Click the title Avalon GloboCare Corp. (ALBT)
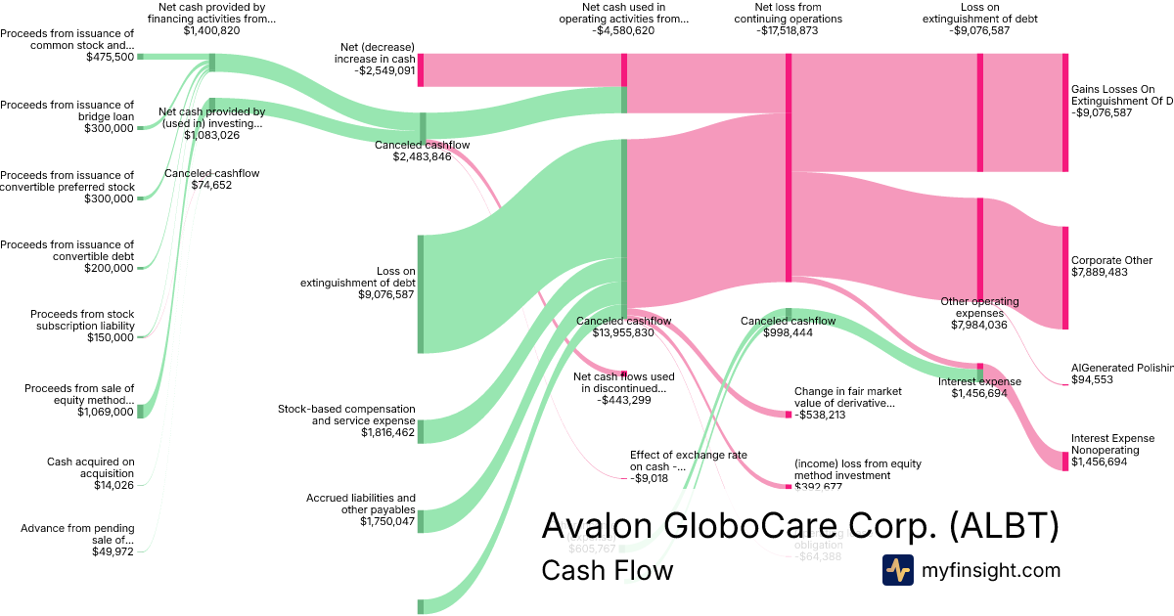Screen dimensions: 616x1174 799,526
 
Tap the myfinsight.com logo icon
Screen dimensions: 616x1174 897,570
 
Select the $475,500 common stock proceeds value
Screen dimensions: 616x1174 110,57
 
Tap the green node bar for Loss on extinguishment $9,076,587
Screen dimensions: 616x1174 421,293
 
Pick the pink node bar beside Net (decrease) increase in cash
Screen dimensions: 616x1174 421,70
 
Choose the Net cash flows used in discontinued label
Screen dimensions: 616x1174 623,382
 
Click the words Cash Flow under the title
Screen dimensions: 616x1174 607,570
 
